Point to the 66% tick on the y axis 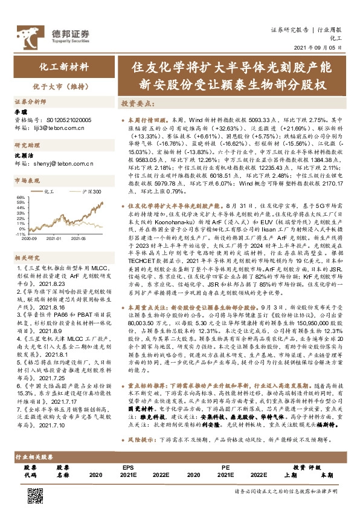click(19, 197)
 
